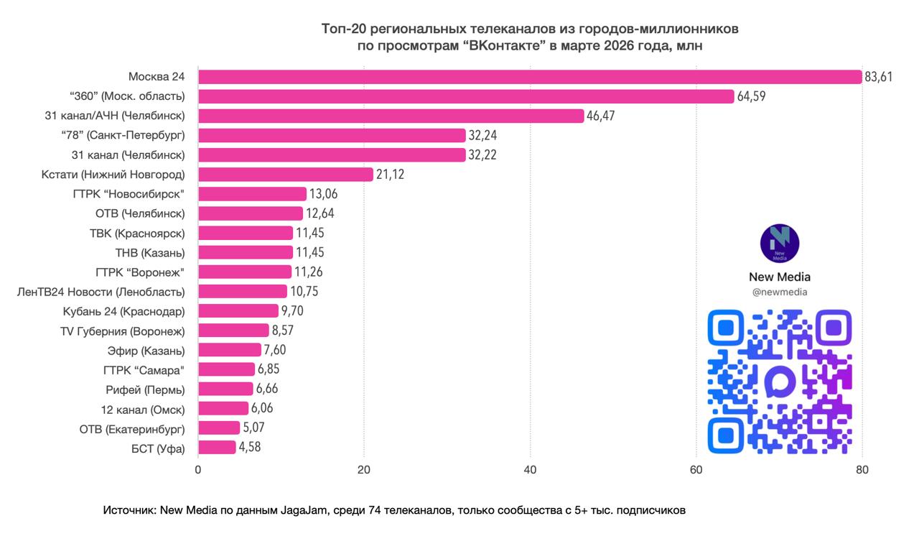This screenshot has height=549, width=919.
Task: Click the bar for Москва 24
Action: pos(530,77)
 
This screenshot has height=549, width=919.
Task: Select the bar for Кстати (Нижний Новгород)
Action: pos(286,174)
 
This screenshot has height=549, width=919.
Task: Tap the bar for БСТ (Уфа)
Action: pos(217,447)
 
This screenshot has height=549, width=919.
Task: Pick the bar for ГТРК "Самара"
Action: pos(226,369)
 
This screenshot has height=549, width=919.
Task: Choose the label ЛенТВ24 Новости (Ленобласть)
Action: pos(101,292)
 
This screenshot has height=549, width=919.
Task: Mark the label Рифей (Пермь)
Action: pos(145,389)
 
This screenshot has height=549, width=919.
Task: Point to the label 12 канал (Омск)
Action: pos(144,409)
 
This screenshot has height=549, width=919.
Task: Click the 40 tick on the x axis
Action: pos(530,470)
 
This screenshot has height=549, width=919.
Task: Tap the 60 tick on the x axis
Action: pos(696,470)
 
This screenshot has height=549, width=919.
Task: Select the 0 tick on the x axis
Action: pos(198,470)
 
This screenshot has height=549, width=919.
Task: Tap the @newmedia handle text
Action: pos(780,292)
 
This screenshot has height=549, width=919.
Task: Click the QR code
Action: pos(780,382)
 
